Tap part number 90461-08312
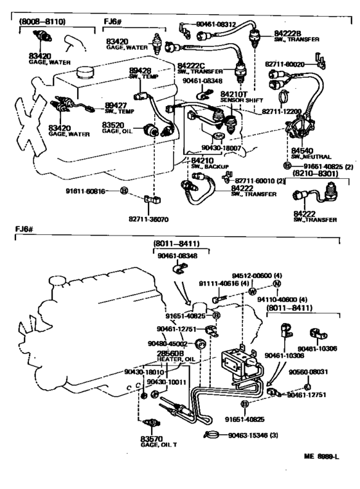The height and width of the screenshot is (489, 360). [x=218, y=24]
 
